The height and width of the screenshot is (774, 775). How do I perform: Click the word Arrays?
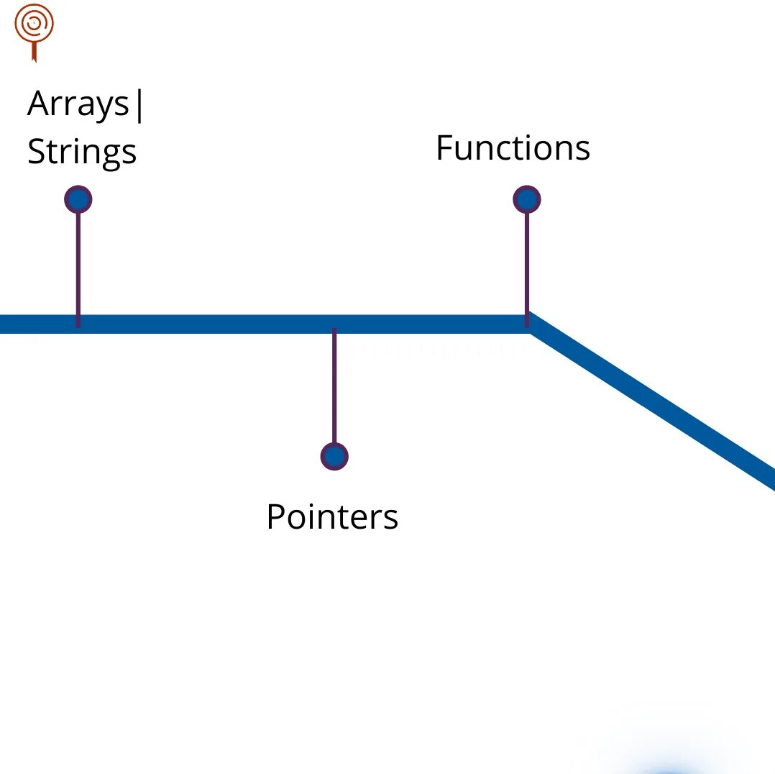click(78, 105)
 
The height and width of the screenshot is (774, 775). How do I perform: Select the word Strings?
click(82, 152)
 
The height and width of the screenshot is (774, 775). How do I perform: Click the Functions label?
click(513, 148)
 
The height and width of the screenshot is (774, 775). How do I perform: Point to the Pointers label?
click(332, 516)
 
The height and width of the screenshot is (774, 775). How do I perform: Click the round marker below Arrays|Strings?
click(78, 199)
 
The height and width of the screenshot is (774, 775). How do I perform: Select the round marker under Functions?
click(527, 199)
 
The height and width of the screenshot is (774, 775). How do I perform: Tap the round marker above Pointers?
click(334, 456)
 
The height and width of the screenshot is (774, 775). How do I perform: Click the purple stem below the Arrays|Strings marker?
click(78, 263)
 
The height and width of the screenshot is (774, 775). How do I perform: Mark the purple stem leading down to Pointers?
click(334, 388)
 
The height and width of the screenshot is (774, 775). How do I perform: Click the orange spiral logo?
click(34, 26)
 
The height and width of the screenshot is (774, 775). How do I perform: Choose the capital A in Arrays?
click(39, 105)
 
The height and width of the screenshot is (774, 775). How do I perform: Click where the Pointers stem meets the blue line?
click(334, 325)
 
